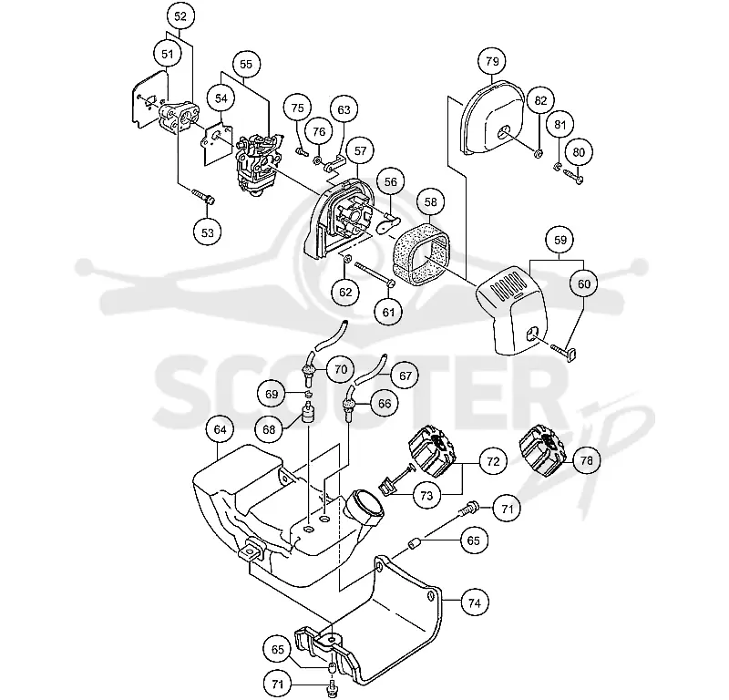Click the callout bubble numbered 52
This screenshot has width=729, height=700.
click(180, 16)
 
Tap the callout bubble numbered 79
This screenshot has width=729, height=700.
click(492, 61)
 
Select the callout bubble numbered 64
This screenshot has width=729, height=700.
click(220, 429)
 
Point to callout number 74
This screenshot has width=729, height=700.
click(474, 602)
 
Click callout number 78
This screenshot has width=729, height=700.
click(587, 460)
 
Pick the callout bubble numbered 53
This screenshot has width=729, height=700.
click(208, 232)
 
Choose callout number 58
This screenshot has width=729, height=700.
click(430, 201)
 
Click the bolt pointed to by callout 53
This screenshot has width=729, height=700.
click(203, 197)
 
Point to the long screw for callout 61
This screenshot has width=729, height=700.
click(375, 275)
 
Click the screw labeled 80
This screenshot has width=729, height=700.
click(573, 175)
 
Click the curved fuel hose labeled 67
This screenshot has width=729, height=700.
click(369, 370)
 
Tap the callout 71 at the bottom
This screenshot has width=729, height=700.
click(277, 685)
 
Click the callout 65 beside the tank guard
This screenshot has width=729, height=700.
click(473, 540)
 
